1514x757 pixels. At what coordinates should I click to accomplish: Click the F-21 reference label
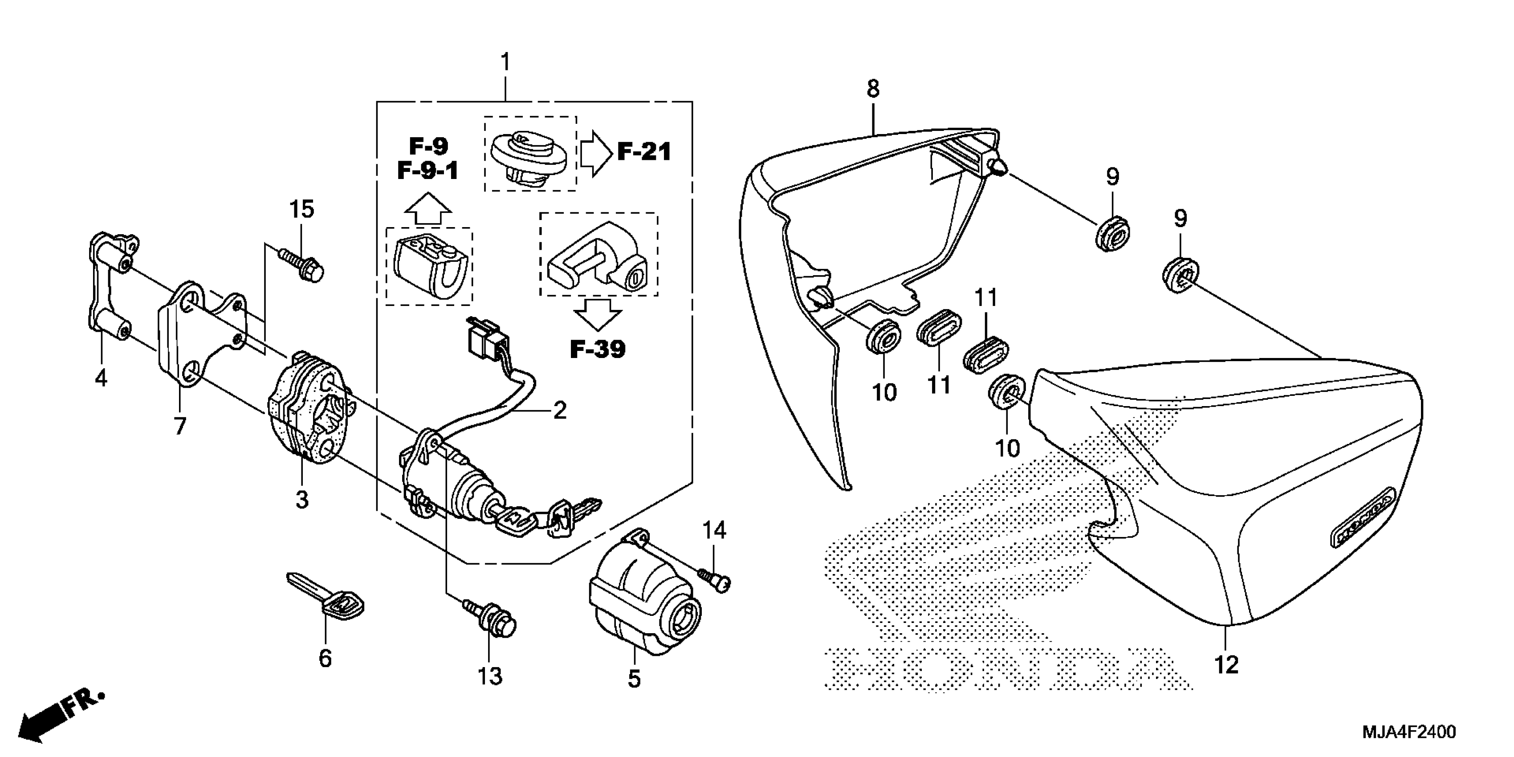pos(643,152)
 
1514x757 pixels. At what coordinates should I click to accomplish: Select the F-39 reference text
pos(598,350)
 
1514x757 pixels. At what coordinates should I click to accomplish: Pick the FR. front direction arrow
pos(59,717)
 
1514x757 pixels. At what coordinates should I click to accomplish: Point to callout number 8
pos(873,90)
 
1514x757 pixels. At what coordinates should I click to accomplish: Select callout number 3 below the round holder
pos(301,500)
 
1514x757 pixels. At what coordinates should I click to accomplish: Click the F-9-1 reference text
pos(428,171)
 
